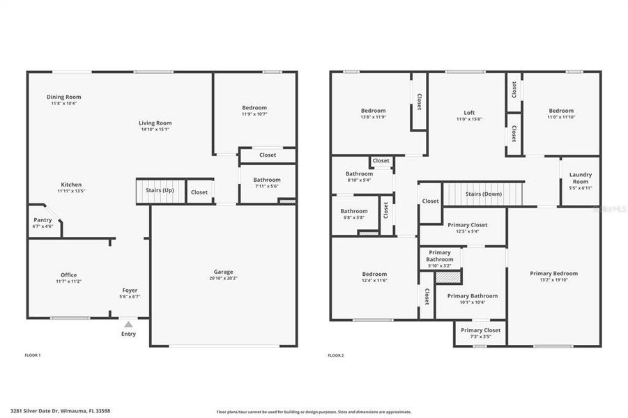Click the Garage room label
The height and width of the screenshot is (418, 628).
[x=223, y=272]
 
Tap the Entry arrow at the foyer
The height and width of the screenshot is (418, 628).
[x=128, y=324]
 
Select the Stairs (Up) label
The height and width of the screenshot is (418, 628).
[x=160, y=189]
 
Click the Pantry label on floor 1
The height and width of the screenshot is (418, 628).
[x=43, y=220]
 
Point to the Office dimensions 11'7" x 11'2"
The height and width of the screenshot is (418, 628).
[x=68, y=281]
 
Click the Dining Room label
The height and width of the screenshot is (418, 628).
[x=64, y=97]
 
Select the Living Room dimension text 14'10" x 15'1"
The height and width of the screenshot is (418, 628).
[x=155, y=129]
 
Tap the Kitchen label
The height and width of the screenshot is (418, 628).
[x=70, y=185]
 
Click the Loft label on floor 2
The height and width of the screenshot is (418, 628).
[x=469, y=112]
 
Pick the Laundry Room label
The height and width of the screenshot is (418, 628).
[x=580, y=178]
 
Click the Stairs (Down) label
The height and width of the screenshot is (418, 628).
[x=483, y=194]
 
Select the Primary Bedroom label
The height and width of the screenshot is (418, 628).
[x=553, y=274]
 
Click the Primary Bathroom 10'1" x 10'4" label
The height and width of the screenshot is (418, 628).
[x=472, y=296]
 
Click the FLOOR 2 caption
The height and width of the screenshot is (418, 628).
[x=335, y=355]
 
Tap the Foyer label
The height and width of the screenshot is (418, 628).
[x=130, y=291]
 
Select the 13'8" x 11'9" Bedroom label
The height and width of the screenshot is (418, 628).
[x=373, y=111]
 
